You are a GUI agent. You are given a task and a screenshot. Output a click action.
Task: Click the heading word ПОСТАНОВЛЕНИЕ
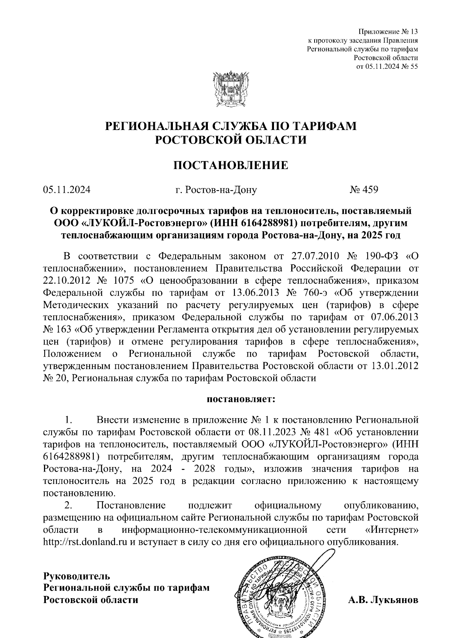click(x=230, y=165)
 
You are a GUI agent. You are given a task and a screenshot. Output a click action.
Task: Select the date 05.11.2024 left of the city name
click(x=67, y=189)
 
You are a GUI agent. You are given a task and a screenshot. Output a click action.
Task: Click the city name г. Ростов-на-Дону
click(x=216, y=190)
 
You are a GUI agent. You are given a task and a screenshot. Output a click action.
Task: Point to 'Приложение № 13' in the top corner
click(x=388, y=31)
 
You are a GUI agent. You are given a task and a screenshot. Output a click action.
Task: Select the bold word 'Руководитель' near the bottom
click(x=77, y=576)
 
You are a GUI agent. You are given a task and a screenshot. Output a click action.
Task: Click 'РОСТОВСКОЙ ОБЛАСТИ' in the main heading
click(x=231, y=140)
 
